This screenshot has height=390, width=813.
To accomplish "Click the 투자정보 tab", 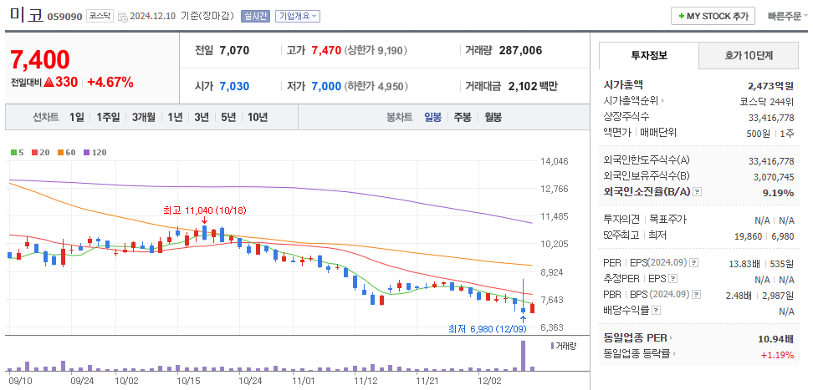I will click(648, 55).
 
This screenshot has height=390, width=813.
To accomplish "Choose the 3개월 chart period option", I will click(145, 117).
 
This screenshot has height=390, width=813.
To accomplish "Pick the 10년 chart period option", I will click(257, 117).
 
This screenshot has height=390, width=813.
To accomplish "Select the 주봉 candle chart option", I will click(462, 117).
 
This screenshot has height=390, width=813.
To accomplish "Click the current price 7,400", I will click(39, 60).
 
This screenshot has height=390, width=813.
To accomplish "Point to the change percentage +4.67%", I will click(110, 82).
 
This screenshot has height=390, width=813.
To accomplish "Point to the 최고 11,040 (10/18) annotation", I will click(204, 210).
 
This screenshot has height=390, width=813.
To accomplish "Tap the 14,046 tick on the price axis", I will click(555, 161).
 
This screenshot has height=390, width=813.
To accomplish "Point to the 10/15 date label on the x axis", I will click(188, 380).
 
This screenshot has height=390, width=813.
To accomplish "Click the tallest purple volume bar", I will click(524, 355).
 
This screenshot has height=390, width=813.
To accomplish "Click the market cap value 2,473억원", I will click(770, 85).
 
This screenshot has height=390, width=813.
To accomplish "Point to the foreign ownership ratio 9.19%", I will click(778, 192).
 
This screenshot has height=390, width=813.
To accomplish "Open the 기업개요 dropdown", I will click(298, 16).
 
